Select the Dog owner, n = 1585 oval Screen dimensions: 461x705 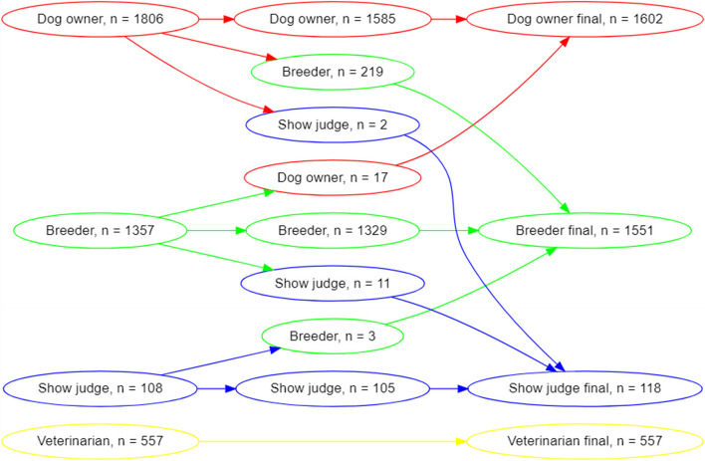pyautogui.click(x=333, y=20)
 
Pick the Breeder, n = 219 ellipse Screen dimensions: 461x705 pyautogui.click(x=333, y=73)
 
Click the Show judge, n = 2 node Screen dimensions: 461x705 pyautogui.click(x=333, y=125)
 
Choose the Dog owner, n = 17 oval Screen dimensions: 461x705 pyautogui.click(x=333, y=178)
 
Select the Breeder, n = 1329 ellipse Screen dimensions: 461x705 pyautogui.click(x=333, y=231)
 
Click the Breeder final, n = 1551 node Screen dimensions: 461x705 pyautogui.click(x=585, y=231)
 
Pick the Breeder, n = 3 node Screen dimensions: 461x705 pyautogui.click(x=333, y=337)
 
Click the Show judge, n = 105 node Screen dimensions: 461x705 pyautogui.click(x=333, y=387)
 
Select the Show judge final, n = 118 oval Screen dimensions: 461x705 pyautogui.click(x=585, y=387)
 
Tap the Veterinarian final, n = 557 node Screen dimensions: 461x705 pyautogui.click(x=585, y=440)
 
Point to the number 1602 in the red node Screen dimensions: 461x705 pyautogui.click(x=631, y=20)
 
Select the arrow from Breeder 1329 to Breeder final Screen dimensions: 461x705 pyautogui.click(x=448, y=231)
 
